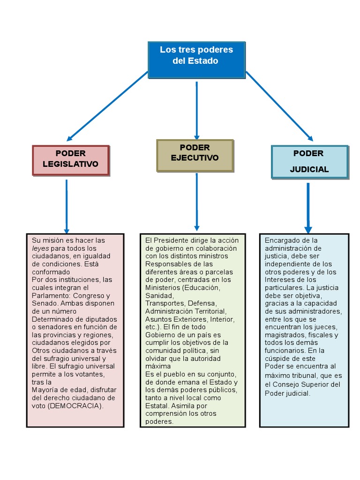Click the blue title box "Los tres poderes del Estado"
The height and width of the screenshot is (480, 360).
[196, 60]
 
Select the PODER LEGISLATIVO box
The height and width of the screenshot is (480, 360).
[71, 160]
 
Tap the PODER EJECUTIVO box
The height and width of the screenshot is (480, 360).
[195, 155]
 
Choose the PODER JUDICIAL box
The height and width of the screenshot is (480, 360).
[309, 162]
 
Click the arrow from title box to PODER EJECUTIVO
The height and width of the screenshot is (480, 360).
[197, 110]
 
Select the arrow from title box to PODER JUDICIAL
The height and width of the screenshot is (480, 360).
[279, 105]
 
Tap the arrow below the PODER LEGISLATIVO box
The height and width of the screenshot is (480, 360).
[67, 206]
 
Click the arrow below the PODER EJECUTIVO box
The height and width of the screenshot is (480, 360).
[197, 202]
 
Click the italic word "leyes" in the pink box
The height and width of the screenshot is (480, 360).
[40, 248]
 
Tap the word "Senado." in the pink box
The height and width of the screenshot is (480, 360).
[45, 303]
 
